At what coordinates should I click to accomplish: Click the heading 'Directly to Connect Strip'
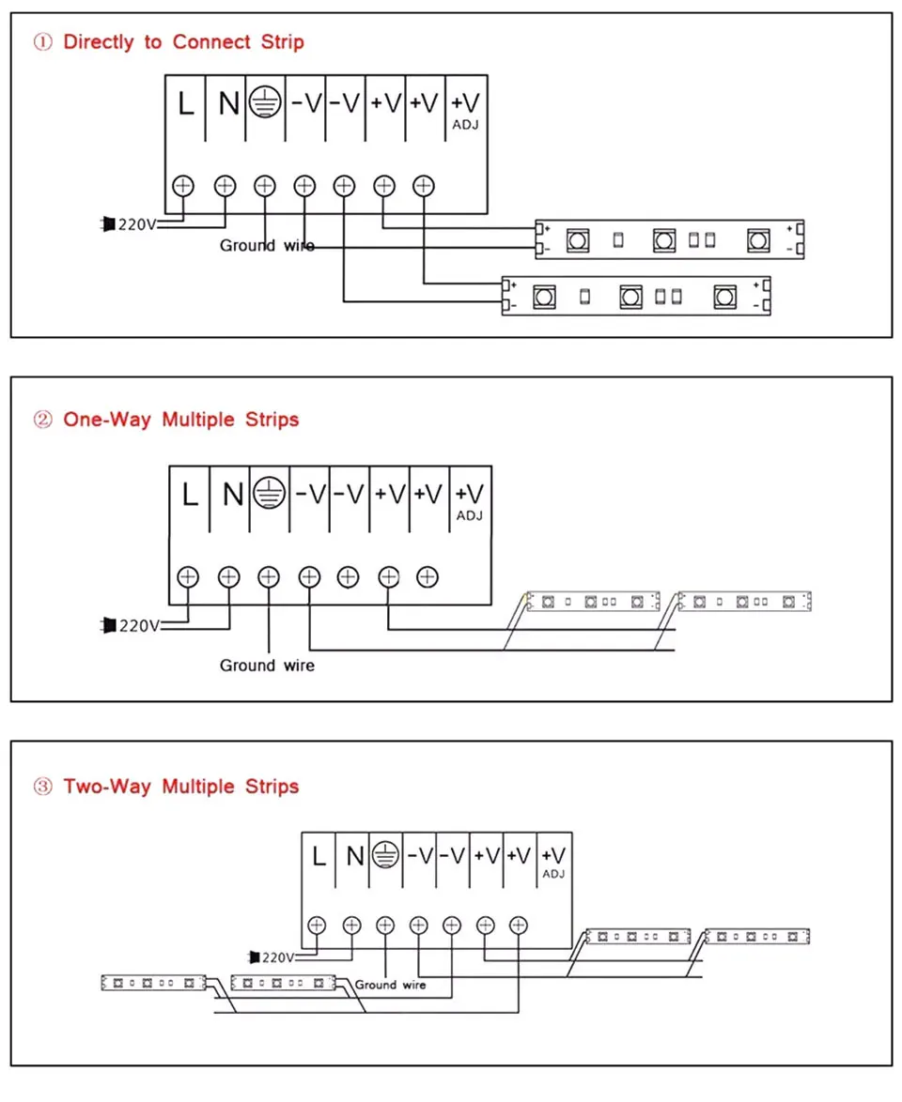click(x=183, y=42)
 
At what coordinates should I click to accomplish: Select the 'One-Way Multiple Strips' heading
click(x=180, y=420)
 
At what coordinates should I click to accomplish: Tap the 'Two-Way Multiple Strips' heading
click(x=180, y=787)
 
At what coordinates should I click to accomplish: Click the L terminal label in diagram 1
click(x=186, y=104)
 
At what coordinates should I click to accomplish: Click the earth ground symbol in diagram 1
click(x=264, y=103)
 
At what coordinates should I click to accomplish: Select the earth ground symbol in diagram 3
click(x=384, y=855)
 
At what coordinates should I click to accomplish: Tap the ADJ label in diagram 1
click(x=466, y=123)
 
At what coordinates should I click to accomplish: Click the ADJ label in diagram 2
click(x=469, y=515)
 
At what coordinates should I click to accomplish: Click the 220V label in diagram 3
click(x=278, y=957)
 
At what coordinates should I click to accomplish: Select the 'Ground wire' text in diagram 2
click(x=267, y=666)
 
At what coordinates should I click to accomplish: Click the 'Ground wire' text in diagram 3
click(x=390, y=985)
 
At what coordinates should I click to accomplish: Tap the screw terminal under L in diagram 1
click(x=184, y=185)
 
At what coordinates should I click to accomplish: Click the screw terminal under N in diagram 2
click(x=228, y=576)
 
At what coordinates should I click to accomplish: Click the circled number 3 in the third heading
click(x=42, y=787)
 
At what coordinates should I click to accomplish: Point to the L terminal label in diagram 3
click(x=319, y=855)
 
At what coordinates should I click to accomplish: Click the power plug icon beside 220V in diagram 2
click(x=108, y=624)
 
